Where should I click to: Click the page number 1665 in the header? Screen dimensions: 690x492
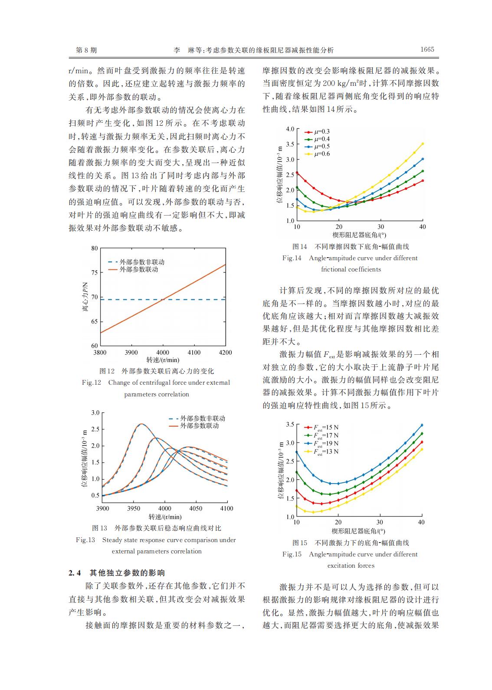pos(427,49)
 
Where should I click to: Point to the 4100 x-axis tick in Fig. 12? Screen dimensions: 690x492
pos(194,353)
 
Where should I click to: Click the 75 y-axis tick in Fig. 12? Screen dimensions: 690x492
pos(94,272)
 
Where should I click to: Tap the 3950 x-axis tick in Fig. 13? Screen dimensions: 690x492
pos(134,508)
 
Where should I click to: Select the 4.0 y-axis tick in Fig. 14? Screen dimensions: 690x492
pos(290,129)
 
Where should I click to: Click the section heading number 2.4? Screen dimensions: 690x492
pos(75,573)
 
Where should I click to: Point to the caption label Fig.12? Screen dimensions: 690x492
pos(91,383)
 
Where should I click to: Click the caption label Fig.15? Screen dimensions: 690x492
pos(292,554)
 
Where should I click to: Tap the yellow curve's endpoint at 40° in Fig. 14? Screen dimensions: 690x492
pos(423,144)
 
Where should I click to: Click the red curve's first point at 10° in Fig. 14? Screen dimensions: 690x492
pos(297,173)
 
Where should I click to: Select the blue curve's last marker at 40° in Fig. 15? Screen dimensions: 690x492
pos(422,425)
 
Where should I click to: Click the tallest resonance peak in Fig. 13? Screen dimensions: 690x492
pos(141,424)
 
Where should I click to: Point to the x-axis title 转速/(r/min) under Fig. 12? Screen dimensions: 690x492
pos(163,360)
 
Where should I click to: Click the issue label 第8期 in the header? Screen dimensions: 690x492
pos(86,50)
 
